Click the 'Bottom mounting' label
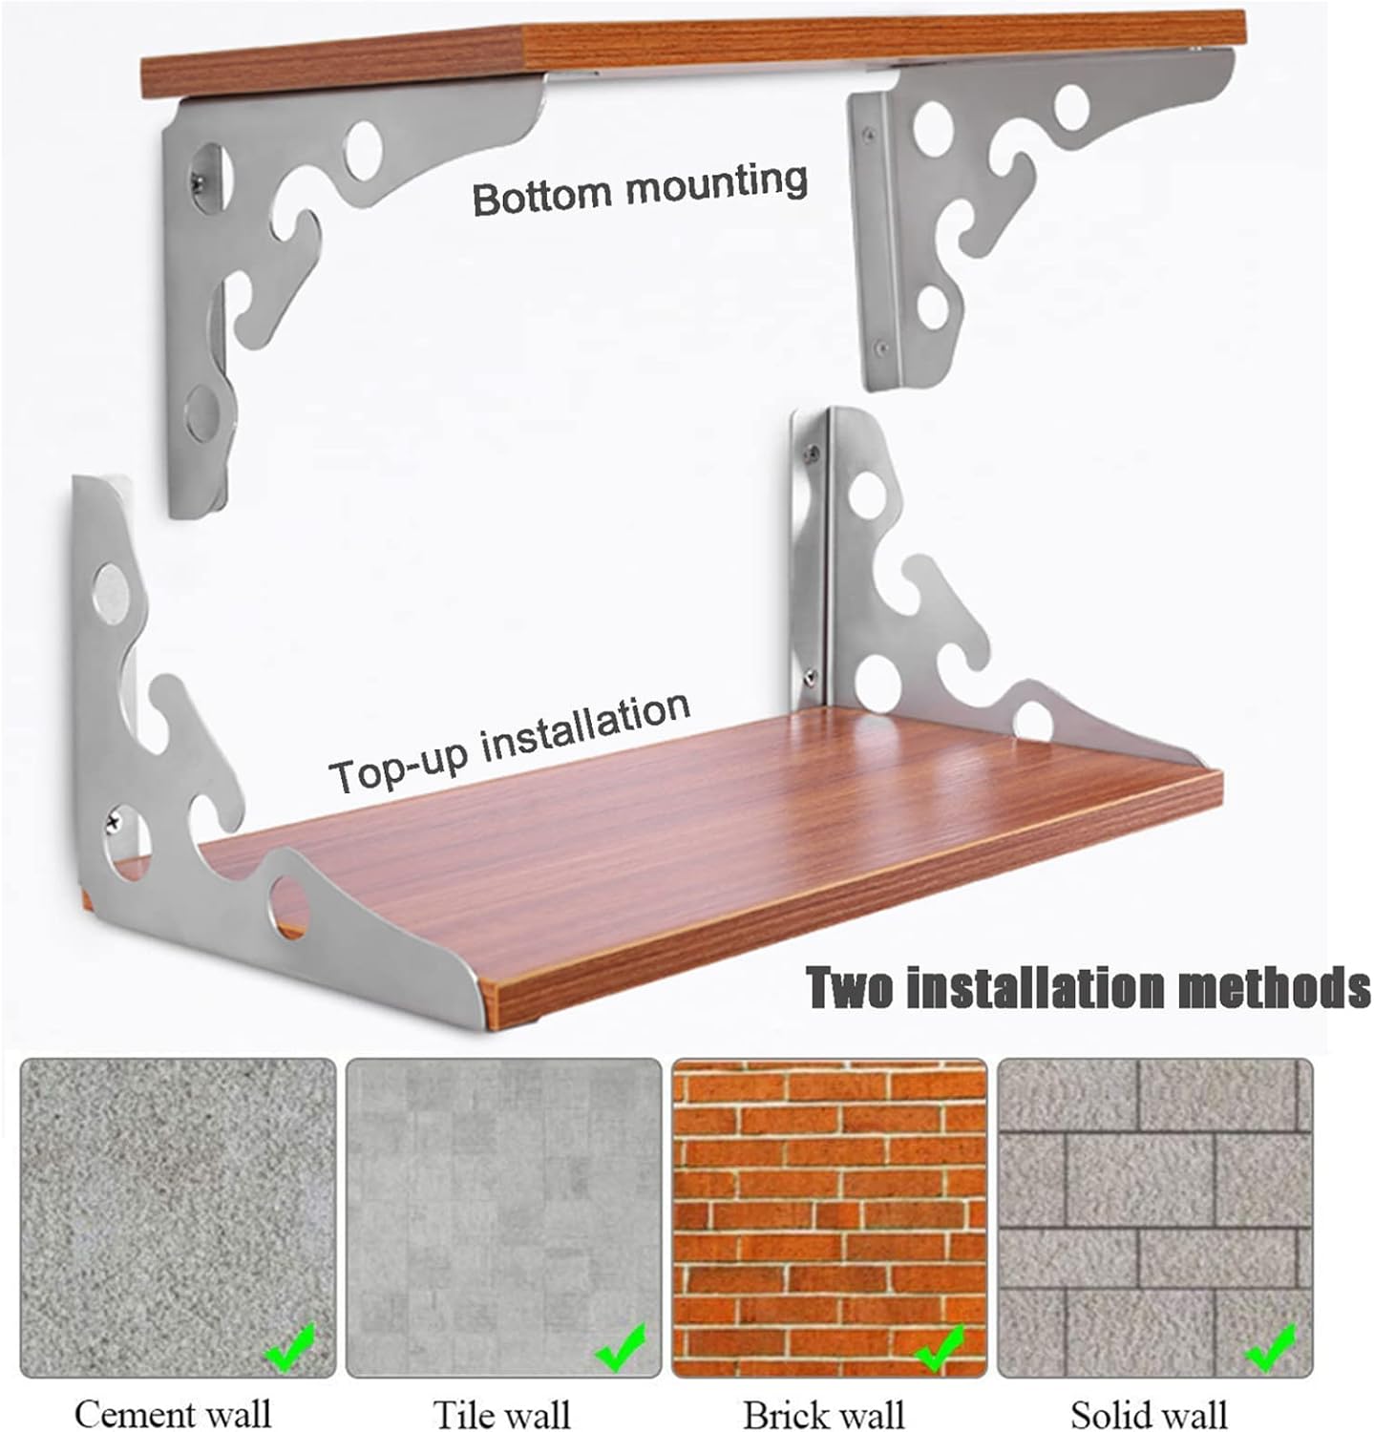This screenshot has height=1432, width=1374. [640, 188]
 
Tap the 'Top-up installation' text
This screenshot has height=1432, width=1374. [509, 747]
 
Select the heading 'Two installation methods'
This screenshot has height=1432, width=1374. [1089, 988]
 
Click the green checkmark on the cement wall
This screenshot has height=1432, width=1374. [289, 1347]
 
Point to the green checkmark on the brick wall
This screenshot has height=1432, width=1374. [941, 1347]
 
